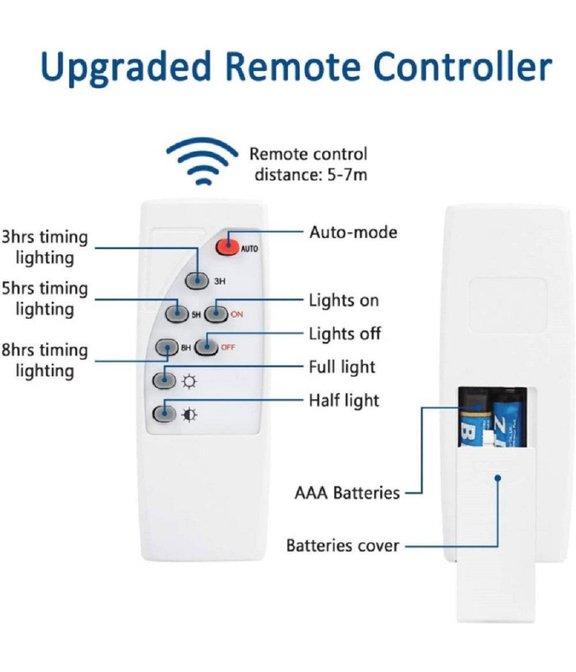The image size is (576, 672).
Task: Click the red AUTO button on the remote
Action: tap(226, 247)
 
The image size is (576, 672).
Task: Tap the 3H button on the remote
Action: tap(197, 280)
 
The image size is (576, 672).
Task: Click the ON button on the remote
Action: tap(217, 314)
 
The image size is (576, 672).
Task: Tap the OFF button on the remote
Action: tap(207, 347)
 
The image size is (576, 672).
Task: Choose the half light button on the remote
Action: tap(164, 413)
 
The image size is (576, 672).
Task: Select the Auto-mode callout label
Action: tap(353, 232)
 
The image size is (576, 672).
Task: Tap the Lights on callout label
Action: tap(344, 300)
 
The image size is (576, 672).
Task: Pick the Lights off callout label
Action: tap(344, 333)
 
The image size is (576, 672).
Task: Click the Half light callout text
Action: tap(344, 401)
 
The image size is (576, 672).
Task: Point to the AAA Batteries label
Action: tap(347, 493)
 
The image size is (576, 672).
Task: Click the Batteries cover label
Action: tap(342, 546)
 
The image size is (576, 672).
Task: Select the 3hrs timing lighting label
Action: tap(44, 247)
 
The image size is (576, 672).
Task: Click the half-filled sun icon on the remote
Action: tap(190, 415)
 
